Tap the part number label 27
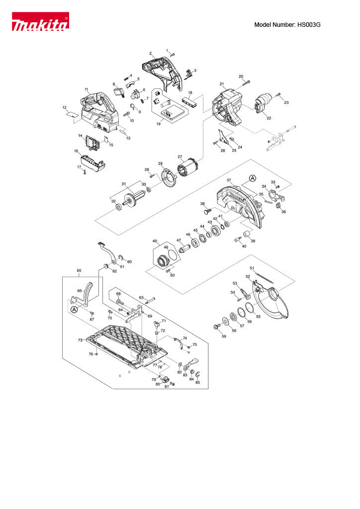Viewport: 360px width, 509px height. pyautogui.click(x=180, y=157)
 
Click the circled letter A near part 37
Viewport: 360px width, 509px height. pyautogui.click(x=252, y=178)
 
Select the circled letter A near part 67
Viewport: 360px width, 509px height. pyautogui.click(x=74, y=309)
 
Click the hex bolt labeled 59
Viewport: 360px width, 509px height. pyautogui.click(x=216, y=326)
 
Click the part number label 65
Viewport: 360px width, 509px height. pyautogui.click(x=79, y=271)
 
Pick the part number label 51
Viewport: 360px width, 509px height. pyautogui.click(x=252, y=268)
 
